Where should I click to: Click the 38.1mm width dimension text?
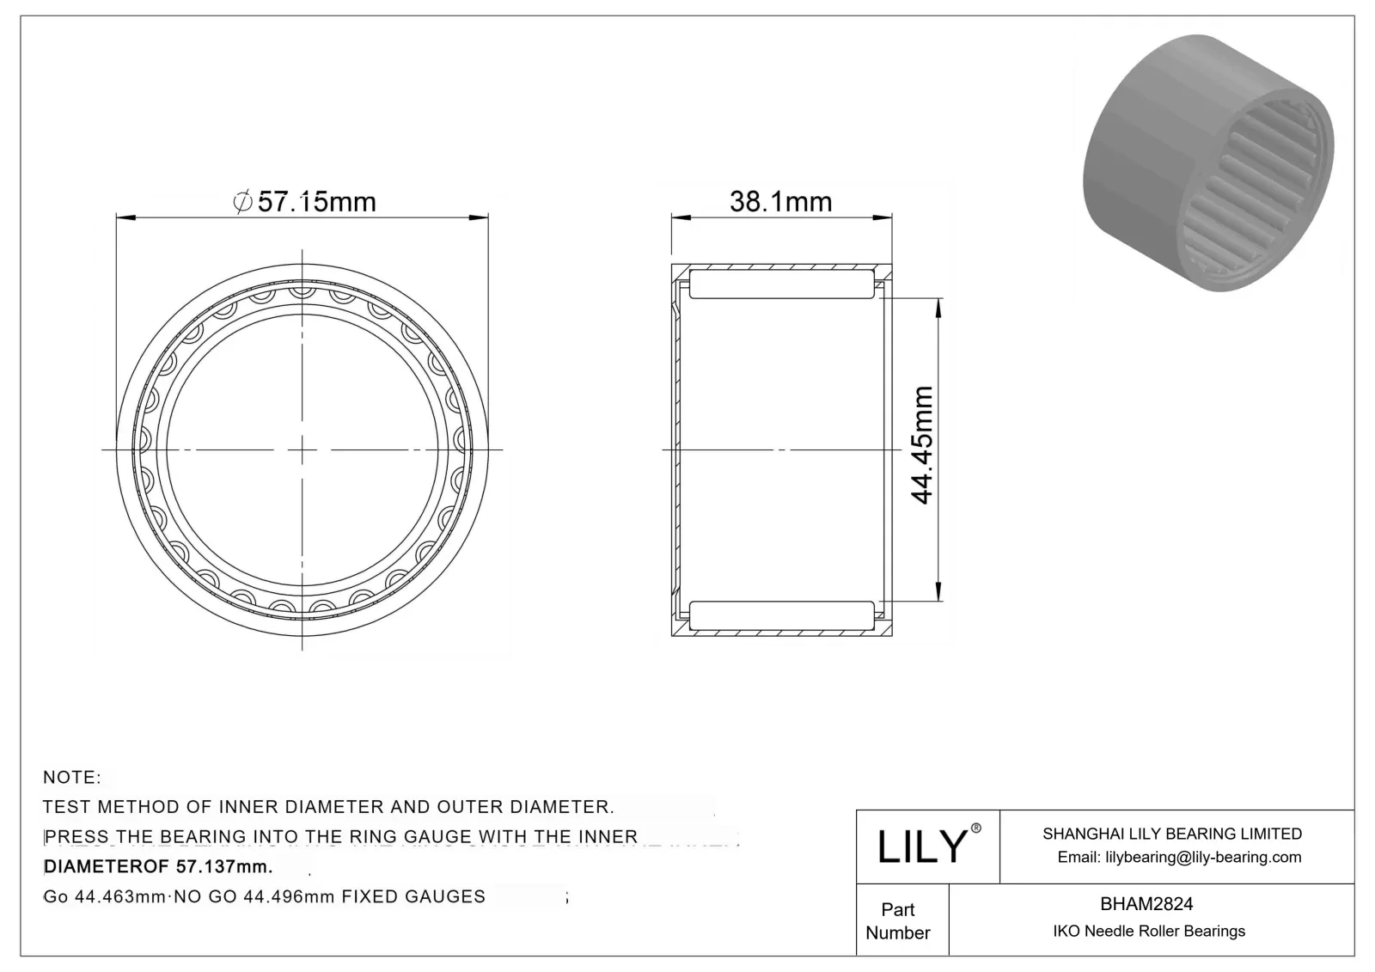pyautogui.click(x=780, y=202)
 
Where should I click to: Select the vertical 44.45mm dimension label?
pyautogui.click(x=922, y=445)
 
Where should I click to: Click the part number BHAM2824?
pyautogui.click(x=1146, y=903)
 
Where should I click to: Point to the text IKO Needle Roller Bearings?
pyautogui.click(x=1148, y=931)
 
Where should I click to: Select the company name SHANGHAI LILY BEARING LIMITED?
pyautogui.click(x=1171, y=834)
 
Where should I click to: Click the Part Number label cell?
pyautogui.click(x=898, y=920)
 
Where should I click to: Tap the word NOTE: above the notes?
pyautogui.click(x=72, y=777)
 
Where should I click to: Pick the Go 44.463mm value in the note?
pyautogui.click(x=104, y=896)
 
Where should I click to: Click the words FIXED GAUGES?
pyautogui.click(x=413, y=896)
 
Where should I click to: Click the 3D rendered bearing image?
pyautogui.click(x=1208, y=163)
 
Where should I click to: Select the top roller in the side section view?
pyautogui.click(x=781, y=285)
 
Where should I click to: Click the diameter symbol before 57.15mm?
pyautogui.click(x=242, y=202)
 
